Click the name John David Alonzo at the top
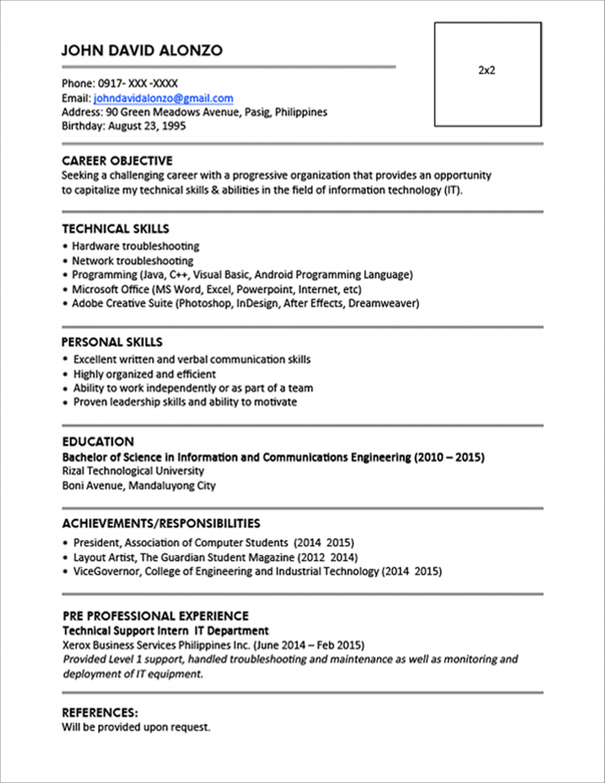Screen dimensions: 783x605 point(142,51)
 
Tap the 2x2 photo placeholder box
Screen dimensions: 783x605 point(487,74)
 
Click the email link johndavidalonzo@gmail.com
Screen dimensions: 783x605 point(163,98)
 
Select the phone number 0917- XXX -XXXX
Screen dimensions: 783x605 point(137,84)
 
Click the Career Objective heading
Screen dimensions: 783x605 point(117,160)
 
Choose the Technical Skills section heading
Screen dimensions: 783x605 point(116,229)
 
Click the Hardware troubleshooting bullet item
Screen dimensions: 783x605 point(135,246)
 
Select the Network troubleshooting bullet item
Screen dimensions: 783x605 point(132,260)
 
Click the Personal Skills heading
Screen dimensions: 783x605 point(112,342)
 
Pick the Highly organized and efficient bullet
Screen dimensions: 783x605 point(145,374)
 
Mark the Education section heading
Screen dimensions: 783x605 point(98,441)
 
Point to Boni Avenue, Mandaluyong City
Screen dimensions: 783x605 point(139,485)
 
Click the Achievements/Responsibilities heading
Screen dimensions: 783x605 point(161,523)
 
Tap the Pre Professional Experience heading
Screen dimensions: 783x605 point(155,616)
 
